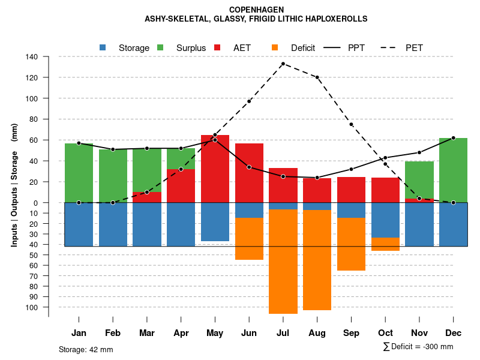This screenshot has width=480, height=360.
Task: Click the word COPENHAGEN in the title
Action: pyautogui.click(x=256, y=10)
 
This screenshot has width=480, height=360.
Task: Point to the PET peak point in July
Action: pyautogui.click(x=283, y=64)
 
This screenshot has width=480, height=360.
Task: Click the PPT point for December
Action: pyautogui.click(x=453, y=138)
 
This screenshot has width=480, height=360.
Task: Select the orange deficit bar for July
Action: pyautogui.click(x=283, y=262)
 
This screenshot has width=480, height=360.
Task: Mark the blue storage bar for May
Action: pyautogui.click(x=215, y=222)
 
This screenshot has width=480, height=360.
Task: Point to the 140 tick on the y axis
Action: pyautogui.click(x=32, y=57)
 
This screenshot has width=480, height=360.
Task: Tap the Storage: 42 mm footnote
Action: pyautogui.click(x=86, y=349)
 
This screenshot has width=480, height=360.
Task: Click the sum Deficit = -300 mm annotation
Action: pyautogui.click(x=418, y=347)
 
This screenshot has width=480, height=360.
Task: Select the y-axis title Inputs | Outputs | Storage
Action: pyautogui.click(x=14, y=185)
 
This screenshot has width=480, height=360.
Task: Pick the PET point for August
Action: pyautogui.click(x=317, y=77)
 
